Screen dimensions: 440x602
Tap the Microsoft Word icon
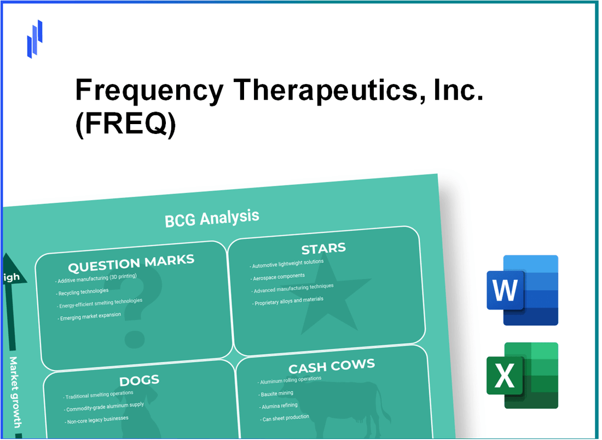522,290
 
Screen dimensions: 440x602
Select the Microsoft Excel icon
522,376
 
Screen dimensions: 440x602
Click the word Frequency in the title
149,91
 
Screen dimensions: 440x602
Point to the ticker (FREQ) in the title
125,126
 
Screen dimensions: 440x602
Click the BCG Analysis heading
212,218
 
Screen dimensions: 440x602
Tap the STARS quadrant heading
323,249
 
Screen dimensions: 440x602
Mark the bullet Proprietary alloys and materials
288,301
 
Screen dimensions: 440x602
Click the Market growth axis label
16,392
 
